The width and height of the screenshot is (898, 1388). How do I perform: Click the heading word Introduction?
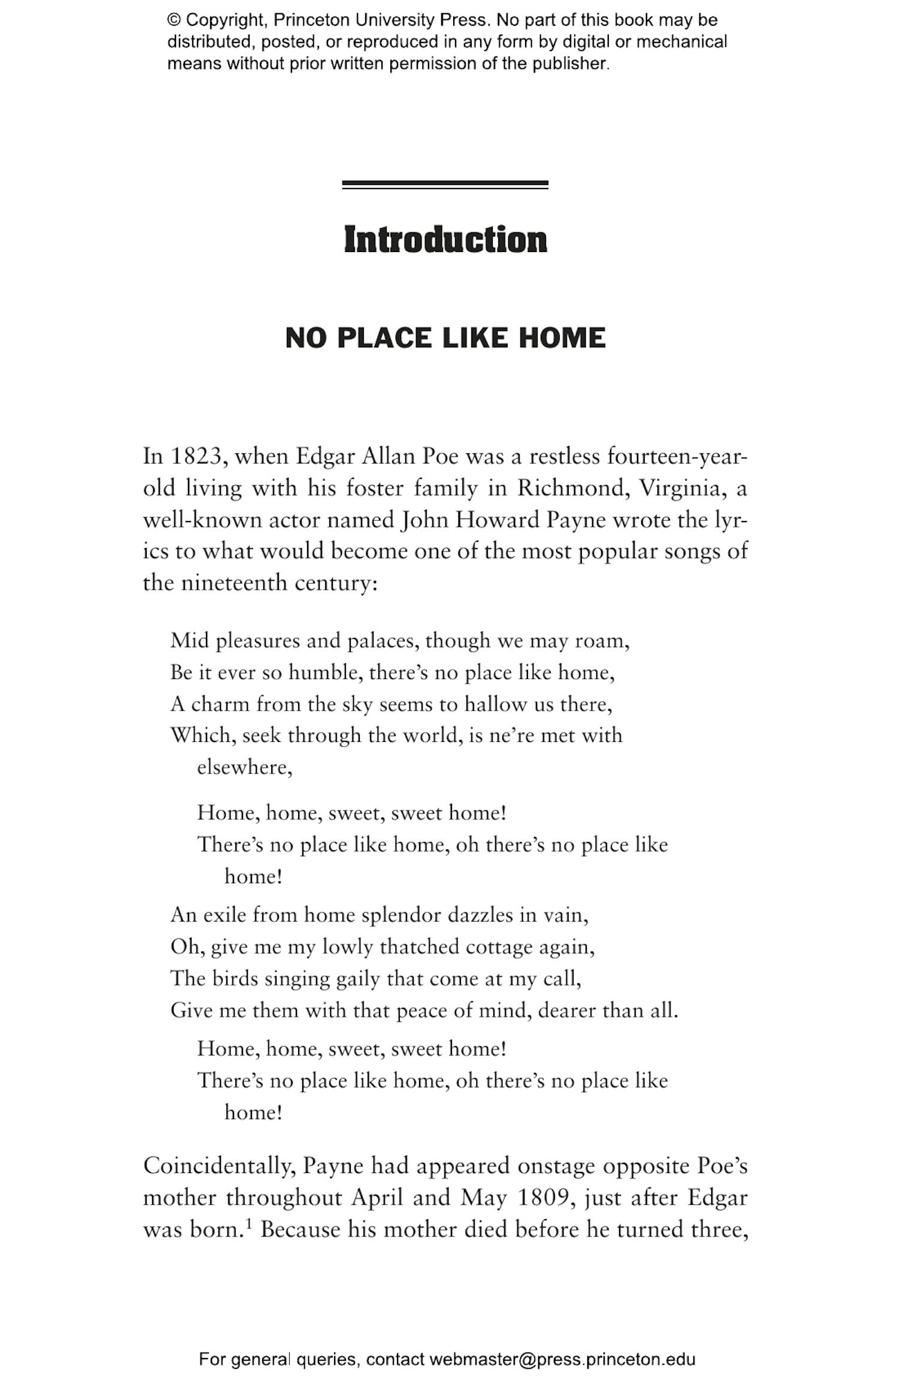445,240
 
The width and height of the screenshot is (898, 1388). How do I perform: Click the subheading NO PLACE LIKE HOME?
445,338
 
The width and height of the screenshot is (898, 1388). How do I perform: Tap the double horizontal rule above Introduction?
445,185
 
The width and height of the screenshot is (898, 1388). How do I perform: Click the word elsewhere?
244,767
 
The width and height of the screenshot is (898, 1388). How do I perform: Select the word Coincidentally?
219,1166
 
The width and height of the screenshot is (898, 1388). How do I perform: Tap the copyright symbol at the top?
174,20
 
